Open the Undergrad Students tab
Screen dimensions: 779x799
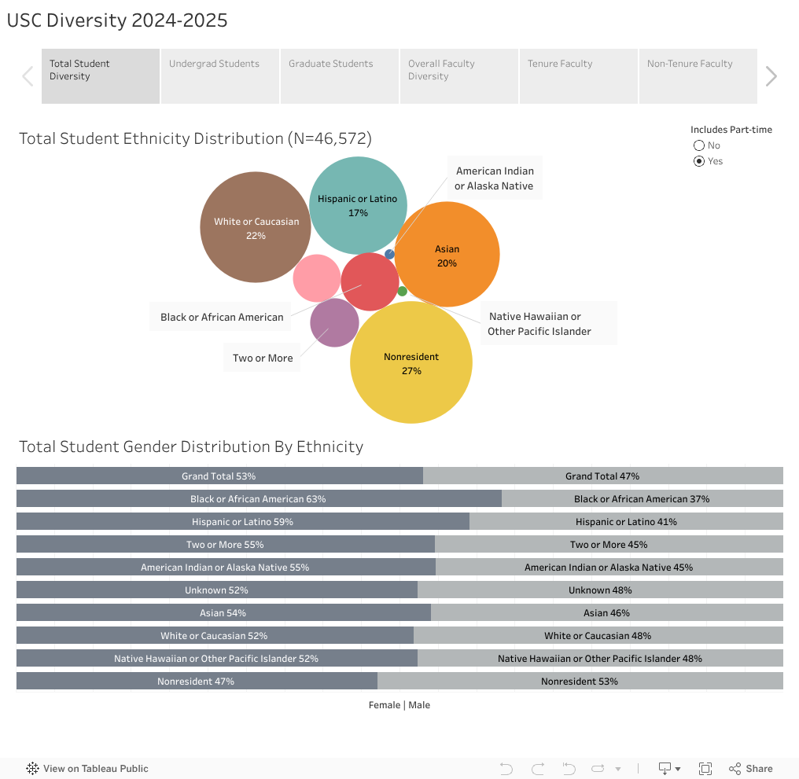tap(219, 76)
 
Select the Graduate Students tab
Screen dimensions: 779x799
tap(339, 76)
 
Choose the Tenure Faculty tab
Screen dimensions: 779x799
tap(578, 76)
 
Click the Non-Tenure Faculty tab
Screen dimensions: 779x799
tap(698, 76)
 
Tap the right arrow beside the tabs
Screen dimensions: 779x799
tap(771, 76)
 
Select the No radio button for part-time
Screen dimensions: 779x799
tap(698, 145)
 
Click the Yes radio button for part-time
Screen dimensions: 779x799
tap(698, 161)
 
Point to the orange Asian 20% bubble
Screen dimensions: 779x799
tap(447, 254)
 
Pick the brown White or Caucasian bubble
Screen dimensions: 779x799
tap(256, 227)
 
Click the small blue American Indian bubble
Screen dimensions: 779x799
tap(389, 254)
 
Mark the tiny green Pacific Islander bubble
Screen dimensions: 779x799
tap(402, 291)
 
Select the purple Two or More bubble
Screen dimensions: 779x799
tap(334, 322)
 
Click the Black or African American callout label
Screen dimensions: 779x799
tap(222, 317)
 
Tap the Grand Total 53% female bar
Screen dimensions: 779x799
tap(219, 476)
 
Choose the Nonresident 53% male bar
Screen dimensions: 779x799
tap(580, 682)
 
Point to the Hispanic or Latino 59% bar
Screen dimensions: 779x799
tap(242, 522)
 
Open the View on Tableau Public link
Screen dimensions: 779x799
tap(87, 769)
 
